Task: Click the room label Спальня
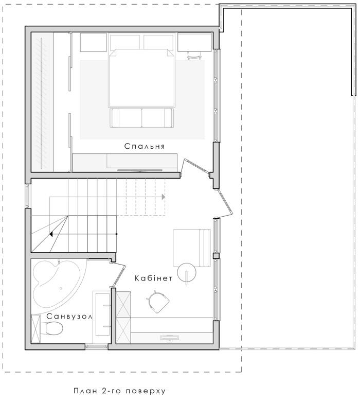pos(145,146)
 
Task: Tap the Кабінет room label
pos(154,278)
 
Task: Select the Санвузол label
pos(69,317)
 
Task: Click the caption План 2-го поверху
pos(120,391)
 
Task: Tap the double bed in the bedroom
pos(141,78)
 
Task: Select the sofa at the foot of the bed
pos(142,118)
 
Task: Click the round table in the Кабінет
pos(187,272)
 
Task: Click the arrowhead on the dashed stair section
pos(163,197)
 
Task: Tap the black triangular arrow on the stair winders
pos(51,234)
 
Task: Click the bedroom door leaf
pos(197,167)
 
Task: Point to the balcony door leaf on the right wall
pos(225,202)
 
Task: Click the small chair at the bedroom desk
pos(194,56)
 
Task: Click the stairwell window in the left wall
pos(27,196)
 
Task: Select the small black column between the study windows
pos(216,256)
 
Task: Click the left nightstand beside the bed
pos(93,42)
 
